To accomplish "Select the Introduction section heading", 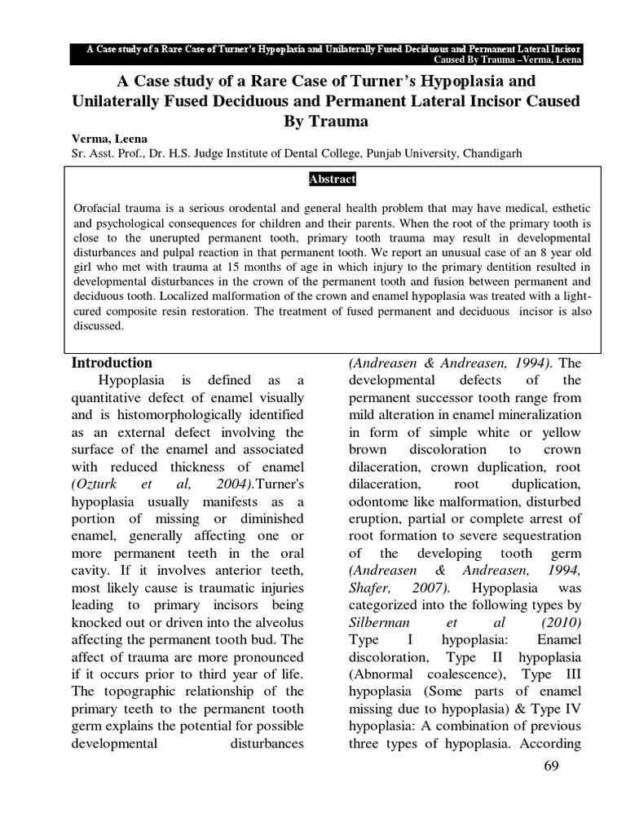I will click(112, 363).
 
